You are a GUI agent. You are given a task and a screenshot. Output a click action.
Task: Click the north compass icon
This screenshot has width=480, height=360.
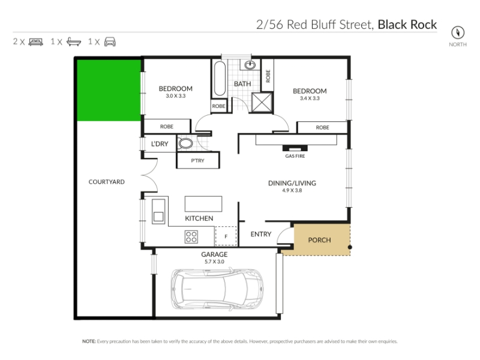click(458, 32)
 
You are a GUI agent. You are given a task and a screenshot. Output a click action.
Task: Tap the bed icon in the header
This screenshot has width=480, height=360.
click(36, 42)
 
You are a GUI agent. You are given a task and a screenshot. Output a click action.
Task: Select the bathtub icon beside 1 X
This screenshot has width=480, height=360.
click(74, 41)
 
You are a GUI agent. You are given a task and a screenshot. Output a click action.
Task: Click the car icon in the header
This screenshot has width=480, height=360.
click(110, 41)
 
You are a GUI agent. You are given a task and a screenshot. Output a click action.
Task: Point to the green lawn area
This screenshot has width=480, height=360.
click(109, 90)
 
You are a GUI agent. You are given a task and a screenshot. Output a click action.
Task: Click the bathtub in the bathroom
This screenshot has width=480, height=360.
click(220, 79)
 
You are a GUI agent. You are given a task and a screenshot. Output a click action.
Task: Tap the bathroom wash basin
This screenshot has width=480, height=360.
click(250, 65)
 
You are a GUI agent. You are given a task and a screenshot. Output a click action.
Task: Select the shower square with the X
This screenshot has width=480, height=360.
click(262, 102)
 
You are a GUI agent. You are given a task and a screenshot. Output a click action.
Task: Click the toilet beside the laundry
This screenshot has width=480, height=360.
click(185, 143)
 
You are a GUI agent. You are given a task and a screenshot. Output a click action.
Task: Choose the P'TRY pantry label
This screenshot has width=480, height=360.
click(197, 160)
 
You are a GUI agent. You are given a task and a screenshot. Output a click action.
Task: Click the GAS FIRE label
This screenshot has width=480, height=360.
click(295, 156)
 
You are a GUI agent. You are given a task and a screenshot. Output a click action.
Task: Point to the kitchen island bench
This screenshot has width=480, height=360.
click(203, 204)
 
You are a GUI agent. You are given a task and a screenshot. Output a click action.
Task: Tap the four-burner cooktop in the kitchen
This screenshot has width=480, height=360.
click(191, 236)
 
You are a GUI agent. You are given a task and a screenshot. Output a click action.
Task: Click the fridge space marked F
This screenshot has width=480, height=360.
click(226, 236)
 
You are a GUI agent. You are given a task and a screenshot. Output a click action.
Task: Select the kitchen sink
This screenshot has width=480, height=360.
click(158, 211)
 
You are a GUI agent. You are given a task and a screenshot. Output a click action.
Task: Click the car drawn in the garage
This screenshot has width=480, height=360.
click(217, 289)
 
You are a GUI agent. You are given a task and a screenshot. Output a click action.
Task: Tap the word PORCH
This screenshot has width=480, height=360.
click(319, 240)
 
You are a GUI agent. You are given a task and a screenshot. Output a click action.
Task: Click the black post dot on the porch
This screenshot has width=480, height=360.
click(350, 247)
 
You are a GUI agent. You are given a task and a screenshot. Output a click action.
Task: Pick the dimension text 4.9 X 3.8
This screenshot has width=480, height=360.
click(292, 190)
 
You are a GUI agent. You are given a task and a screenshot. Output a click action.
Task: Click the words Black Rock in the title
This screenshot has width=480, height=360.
click(407, 25)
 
